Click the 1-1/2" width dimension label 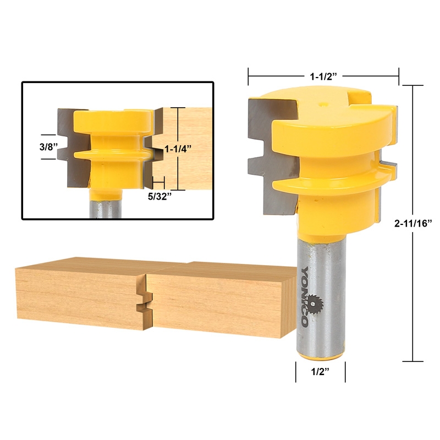(323, 73)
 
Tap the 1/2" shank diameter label (321, 372)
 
